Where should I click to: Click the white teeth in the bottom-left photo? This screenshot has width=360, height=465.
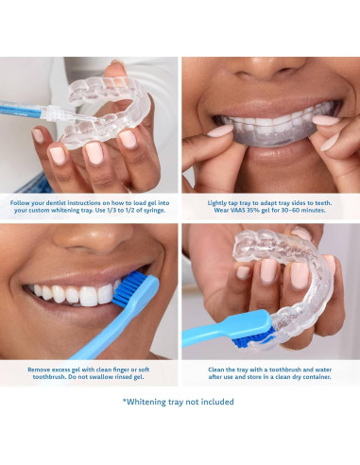(71, 293)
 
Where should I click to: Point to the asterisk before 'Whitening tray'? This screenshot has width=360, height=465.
(125, 401)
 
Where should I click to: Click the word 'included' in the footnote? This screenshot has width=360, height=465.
(214, 402)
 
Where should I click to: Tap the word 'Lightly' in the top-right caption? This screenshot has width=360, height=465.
(219, 201)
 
